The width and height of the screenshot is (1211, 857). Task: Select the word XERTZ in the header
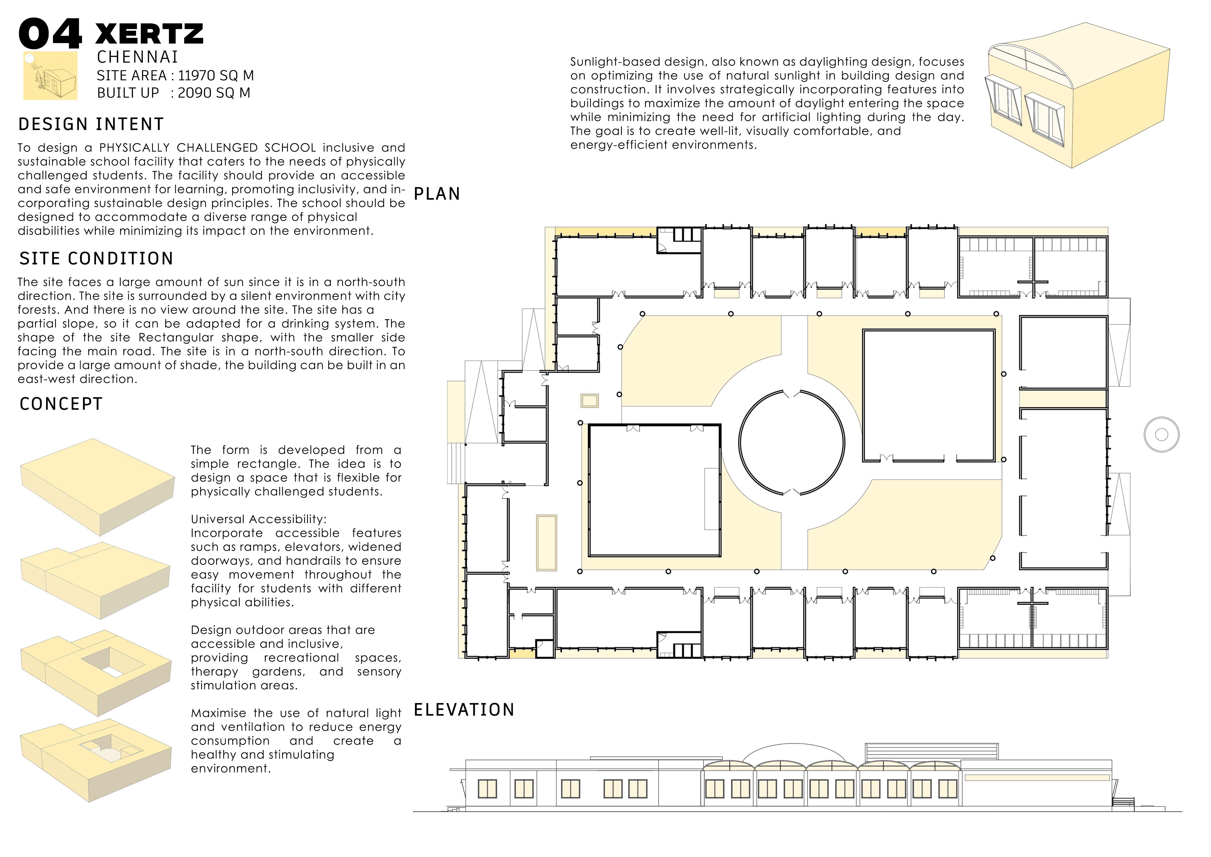[149, 34]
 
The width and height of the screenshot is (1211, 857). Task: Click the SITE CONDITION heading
[96, 258]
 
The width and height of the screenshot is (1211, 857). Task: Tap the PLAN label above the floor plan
[437, 194]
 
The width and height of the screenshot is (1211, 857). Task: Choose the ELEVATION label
[464, 710]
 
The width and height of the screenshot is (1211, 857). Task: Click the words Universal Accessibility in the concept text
[259, 519]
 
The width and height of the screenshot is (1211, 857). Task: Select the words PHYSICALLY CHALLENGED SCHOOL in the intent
[208, 148]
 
